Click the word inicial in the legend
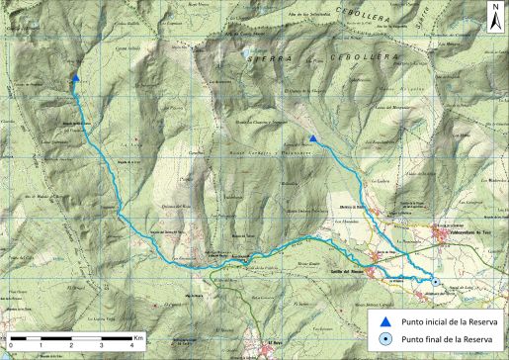point(433,320)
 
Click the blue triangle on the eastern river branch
point(312,139)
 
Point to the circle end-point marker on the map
point(434,284)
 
